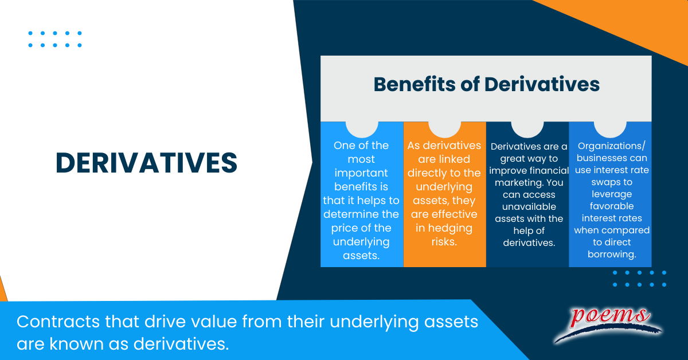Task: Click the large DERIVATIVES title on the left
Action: (146, 163)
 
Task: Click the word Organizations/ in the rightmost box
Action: (610, 146)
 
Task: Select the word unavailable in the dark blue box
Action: (527, 206)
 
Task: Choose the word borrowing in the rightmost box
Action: (611, 254)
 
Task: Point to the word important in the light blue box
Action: (361, 173)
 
